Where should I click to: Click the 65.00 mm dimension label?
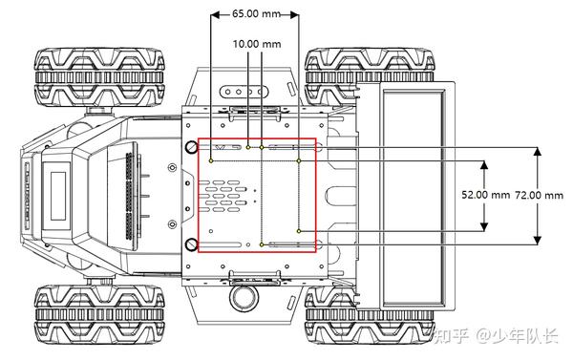tap(256, 14)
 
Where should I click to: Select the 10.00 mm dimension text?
tap(257, 44)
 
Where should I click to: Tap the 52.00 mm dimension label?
tap(485, 195)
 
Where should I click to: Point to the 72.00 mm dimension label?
tap(539, 195)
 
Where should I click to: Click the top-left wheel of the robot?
tap(99, 77)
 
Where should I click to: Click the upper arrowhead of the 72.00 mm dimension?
tap(537, 151)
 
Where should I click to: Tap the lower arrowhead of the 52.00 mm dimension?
tap(484, 226)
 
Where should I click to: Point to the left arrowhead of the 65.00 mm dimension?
tap(216, 14)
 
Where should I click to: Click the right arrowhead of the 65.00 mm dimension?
tap(294, 14)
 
